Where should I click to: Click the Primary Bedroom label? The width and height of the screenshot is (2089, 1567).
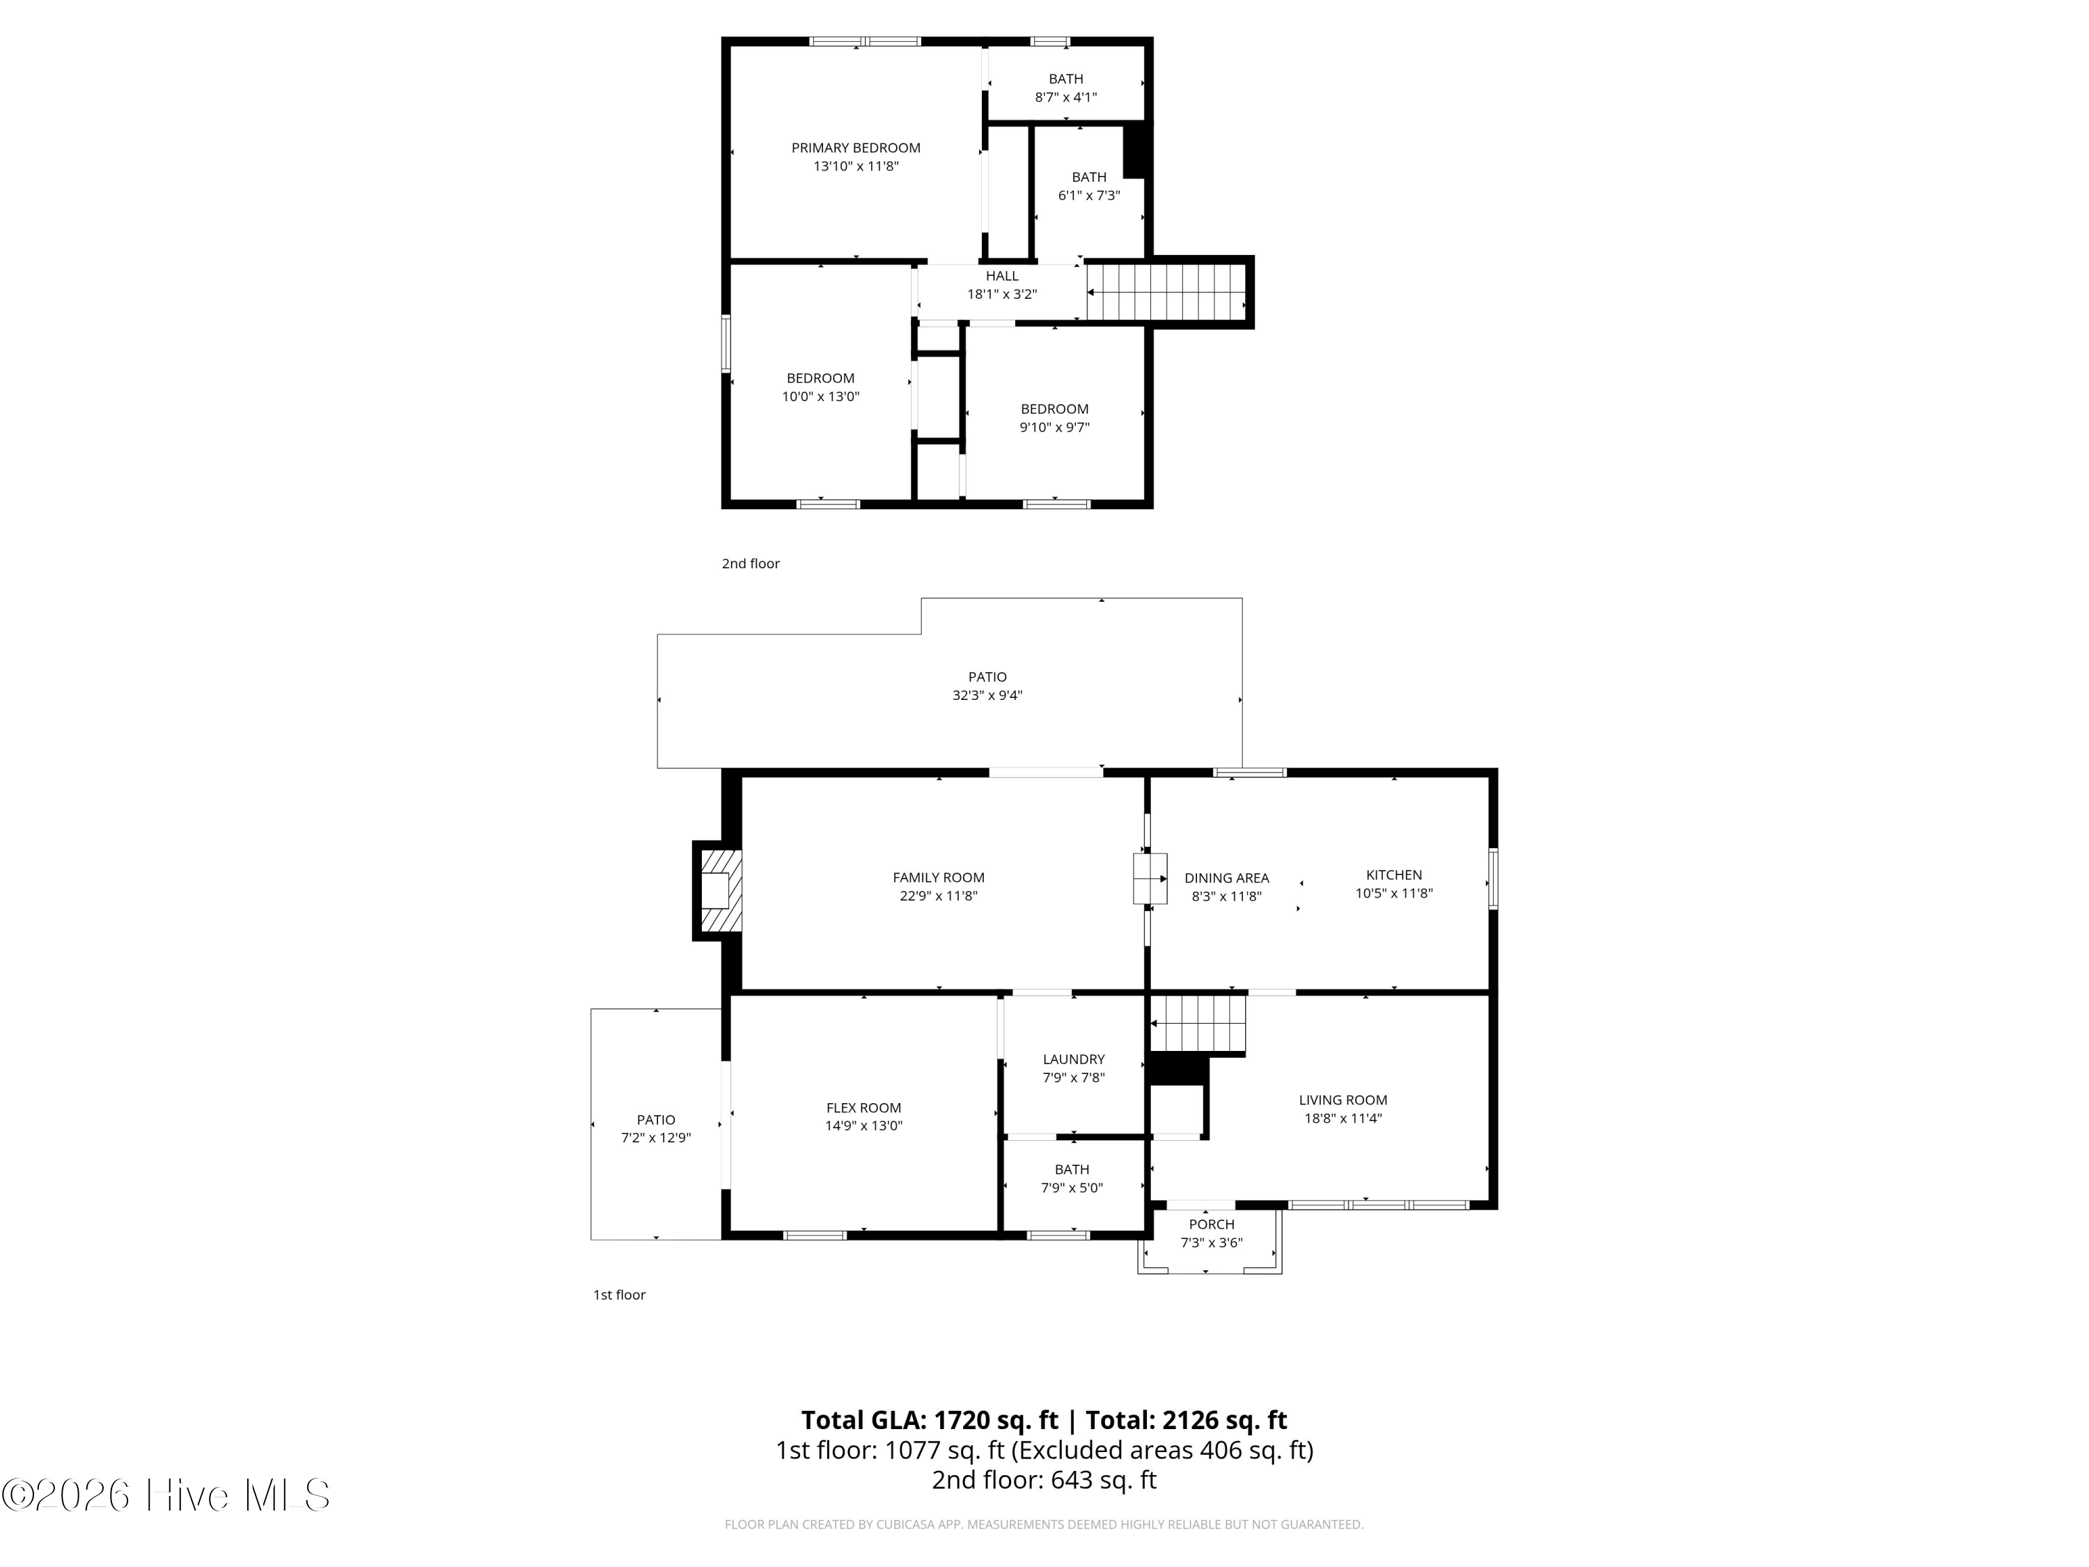pyautogui.click(x=856, y=148)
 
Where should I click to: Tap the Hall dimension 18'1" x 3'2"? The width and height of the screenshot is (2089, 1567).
pyautogui.click(x=1002, y=294)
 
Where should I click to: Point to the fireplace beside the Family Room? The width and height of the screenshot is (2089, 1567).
pyautogui.click(x=719, y=891)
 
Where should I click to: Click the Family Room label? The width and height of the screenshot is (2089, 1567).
pyautogui.click(x=939, y=878)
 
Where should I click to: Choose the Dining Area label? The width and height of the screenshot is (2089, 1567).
pyautogui.click(x=1227, y=878)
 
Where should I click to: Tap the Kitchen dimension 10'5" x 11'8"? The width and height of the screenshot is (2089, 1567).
pyautogui.click(x=1394, y=893)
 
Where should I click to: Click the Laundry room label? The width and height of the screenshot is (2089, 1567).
pyautogui.click(x=1074, y=1059)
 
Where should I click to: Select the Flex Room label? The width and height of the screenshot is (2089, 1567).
pyautogui.click(x=863, y=1107)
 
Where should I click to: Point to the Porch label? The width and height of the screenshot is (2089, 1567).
pyautogui.click(x=1212, y=1224)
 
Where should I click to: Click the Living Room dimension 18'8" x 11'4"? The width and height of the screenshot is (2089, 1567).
pyautogui.click(x=1343, y=1117)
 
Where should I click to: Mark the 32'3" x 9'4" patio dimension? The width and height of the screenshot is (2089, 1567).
pyautogui.click(x=987, y=695)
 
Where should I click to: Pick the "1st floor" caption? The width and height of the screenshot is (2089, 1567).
pyautogui.click(x=620, y=1295)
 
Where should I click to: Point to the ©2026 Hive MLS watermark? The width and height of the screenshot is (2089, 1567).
pyautogui.click(x=166, y=1495)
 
